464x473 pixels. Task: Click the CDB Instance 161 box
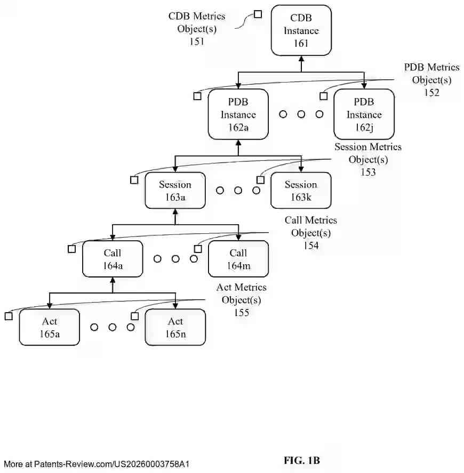[x=301, y=30]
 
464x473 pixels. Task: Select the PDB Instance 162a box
[x=238, y=115]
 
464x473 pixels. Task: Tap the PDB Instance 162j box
[x=364, y=115]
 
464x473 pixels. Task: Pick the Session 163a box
[x=175, y=191]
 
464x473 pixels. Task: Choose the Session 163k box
[x=301, y=191]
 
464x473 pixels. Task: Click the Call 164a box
[x=113, y=259]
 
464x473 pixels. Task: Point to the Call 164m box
[x=238, y=259]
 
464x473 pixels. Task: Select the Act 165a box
[x=50, y=327]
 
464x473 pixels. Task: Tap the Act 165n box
[x=175, y=327]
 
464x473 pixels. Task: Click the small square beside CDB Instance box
[x=258, y=14]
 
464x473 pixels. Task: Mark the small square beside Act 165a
[x=9, y=316]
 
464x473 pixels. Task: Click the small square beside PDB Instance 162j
[x=323, y=96]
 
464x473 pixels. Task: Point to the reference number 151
[x=197, y=41]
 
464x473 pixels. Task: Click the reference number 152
[x=431, y=92]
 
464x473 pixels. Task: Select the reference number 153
[x=367, y=172]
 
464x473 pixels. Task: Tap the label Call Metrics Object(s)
[x=311, y=226]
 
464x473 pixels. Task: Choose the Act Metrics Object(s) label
[x=242, y=293]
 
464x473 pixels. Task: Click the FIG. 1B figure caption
[x=302, y=460]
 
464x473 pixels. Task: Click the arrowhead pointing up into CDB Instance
[x=301, y=59]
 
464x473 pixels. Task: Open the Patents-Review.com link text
[x=96, y=464]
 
